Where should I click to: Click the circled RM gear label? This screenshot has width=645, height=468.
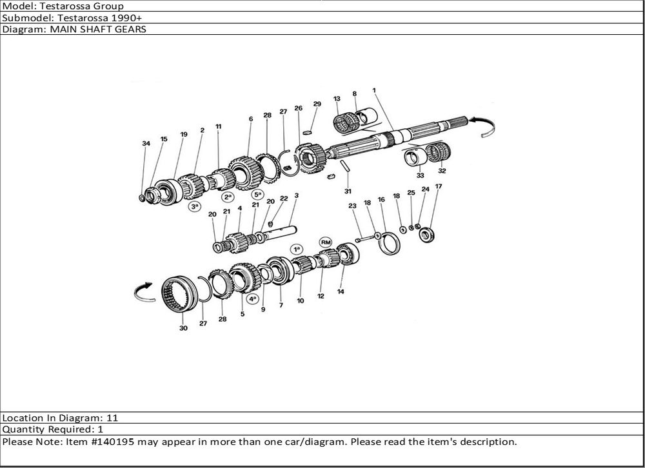point(326,242)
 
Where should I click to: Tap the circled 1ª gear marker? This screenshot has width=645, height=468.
point(297,249)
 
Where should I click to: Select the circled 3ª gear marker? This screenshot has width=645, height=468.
point(195,206)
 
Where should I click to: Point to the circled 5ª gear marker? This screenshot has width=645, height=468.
point(257,194)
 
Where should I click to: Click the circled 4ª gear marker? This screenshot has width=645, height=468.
point(252,298)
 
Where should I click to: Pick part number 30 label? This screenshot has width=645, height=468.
point(183,327)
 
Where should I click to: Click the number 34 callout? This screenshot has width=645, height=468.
point(146,143)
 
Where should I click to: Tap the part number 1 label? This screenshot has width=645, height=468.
point(374,90)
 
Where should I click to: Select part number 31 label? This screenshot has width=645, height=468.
point(348,191)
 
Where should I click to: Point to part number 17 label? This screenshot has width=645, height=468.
point(439,186)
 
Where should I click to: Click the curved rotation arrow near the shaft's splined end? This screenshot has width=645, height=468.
point(483,124)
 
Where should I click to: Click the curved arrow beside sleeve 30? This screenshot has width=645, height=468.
point(144,292)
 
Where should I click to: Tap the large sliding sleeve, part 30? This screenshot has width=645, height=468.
point(179,295)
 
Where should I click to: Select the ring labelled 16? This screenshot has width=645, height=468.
point(389,244)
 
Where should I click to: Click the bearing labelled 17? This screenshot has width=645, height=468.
point(426,235)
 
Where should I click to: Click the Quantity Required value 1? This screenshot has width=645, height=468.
point(101,429)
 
